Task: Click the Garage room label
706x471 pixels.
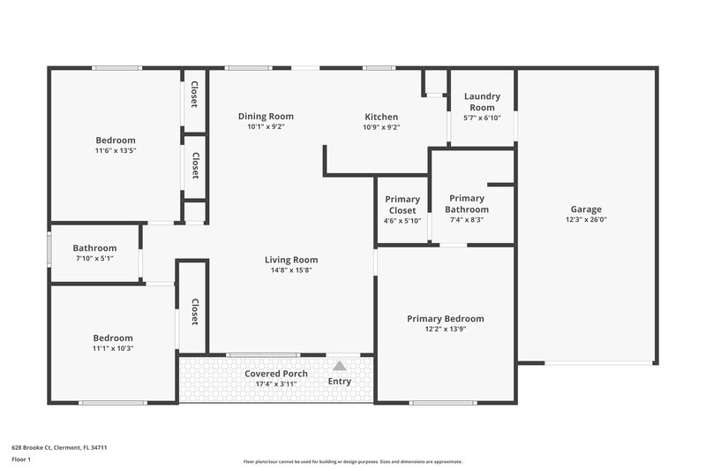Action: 586,209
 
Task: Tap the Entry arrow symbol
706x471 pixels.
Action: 340,365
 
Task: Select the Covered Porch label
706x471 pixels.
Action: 276,374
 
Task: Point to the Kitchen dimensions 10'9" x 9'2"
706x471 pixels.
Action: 381,127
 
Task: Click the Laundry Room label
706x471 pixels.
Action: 482,102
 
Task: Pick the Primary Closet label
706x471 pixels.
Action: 402,204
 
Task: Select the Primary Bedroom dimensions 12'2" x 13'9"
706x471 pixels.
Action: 445,329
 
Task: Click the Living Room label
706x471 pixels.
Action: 291,260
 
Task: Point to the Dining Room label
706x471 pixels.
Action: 266,117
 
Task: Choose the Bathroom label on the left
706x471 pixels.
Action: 94,248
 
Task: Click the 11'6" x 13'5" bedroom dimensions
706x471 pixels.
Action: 116,151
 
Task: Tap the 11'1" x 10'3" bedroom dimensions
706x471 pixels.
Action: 113,348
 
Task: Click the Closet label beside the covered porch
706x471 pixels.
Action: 195,312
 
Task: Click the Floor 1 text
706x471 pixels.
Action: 22,460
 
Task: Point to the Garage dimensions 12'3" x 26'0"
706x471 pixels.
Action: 586,220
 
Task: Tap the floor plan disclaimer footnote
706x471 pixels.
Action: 352,461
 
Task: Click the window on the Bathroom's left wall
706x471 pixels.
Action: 49,248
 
